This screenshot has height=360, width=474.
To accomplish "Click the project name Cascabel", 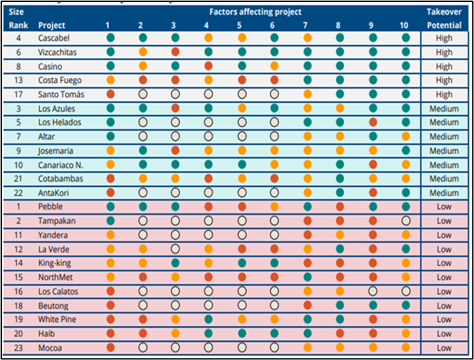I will (54, 38).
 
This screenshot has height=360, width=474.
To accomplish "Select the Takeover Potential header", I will (444, 18).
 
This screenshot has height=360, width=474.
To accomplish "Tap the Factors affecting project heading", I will (255, 12).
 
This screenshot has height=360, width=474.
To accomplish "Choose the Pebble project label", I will (51, 207).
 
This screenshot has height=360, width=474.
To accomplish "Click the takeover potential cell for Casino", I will (444, 66).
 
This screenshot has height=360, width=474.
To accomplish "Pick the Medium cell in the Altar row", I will (444, 136).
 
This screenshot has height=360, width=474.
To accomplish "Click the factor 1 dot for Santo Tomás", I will (110, 94).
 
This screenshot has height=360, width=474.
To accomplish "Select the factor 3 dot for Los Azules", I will (175, 108).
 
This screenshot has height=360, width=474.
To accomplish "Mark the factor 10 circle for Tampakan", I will (406, 221).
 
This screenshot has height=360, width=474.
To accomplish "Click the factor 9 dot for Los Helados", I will (373, 122).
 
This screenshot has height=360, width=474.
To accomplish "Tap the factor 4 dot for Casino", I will (208, 66).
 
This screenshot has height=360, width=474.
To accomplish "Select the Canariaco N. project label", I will (61, 164).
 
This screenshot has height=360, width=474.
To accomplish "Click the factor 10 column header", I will (405, 25).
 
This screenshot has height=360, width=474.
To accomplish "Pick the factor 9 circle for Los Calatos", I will (373, 291).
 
